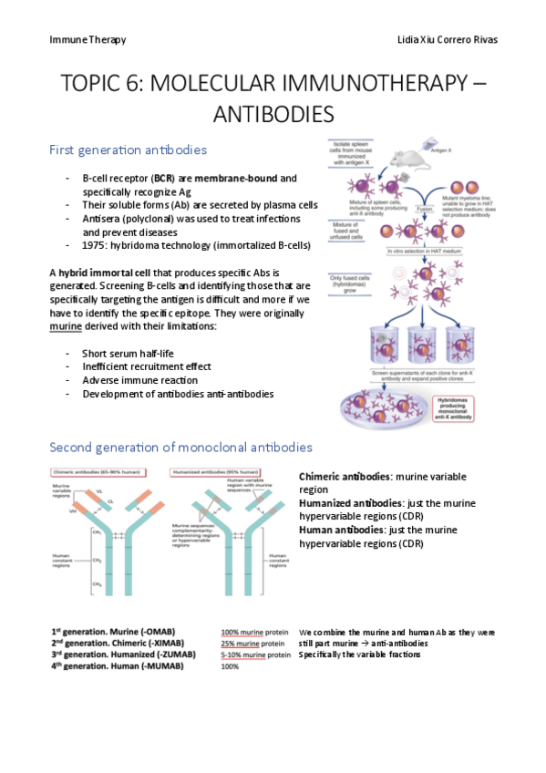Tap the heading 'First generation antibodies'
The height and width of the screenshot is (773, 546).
click(x=128, y=149)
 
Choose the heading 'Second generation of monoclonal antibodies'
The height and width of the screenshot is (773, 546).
click(x=180, y=448)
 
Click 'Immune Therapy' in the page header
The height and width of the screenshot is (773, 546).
click(x=88, y=40)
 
